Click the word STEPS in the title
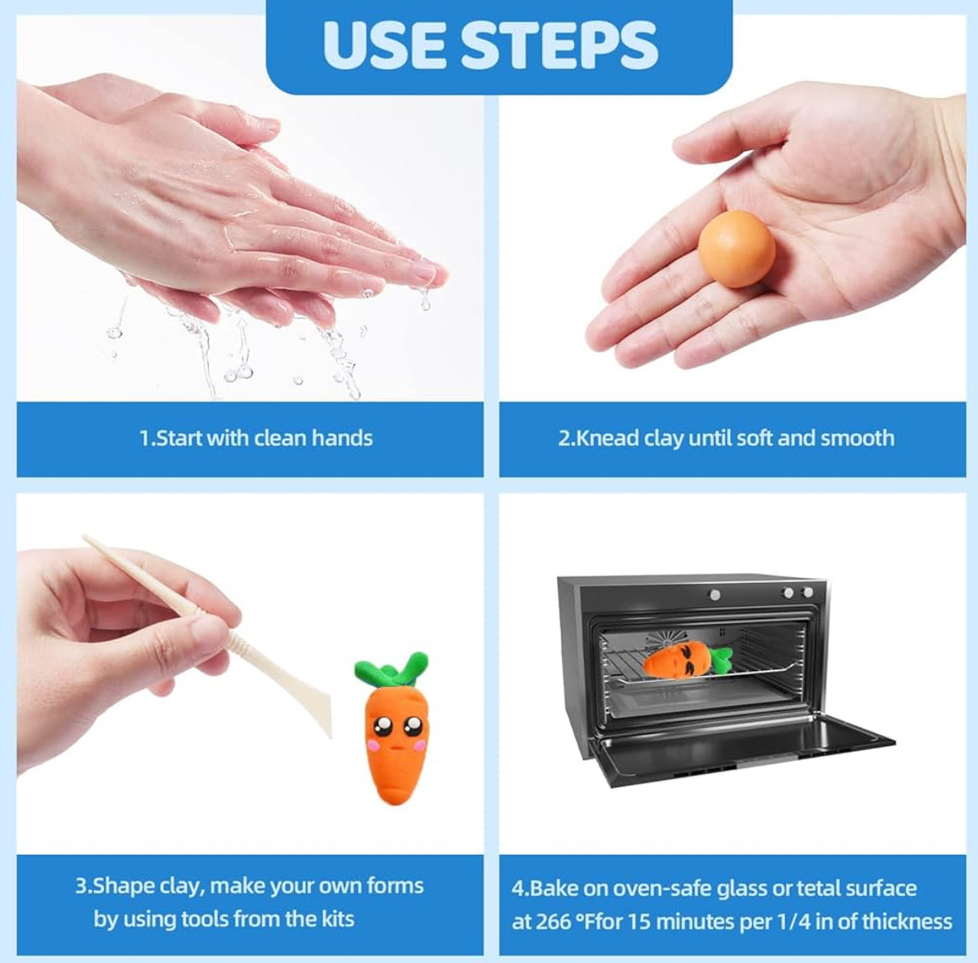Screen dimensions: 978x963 coord(561,45)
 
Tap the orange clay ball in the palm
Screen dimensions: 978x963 coord(736,248)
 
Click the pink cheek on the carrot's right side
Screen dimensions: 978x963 coord(419,744)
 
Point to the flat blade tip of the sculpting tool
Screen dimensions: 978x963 coord(327,733)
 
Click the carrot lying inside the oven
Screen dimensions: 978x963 coord(687,661)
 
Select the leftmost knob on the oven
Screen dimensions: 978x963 coord(715,595)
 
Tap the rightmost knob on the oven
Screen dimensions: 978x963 coord(808,592)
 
